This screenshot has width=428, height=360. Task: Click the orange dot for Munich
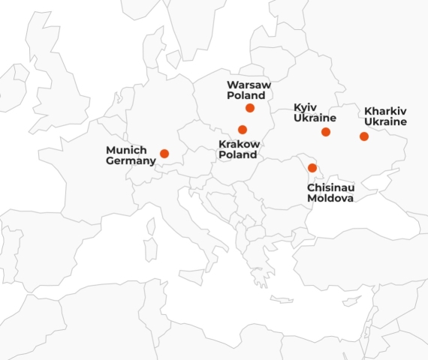pos(164,154)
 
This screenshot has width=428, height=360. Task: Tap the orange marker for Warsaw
pos(250,108)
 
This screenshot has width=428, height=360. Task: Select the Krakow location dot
pos(243,130)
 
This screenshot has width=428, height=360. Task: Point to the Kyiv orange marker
pos(326,132)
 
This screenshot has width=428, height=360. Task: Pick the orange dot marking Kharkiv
pos(364,136)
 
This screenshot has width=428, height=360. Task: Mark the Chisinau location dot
pos(312,168)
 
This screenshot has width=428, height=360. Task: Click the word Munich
pos(126,149)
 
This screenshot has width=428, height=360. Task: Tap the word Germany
pos(131,160)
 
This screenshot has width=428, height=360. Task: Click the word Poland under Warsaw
pos(246,96)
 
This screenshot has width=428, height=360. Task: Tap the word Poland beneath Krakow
pos(237,154)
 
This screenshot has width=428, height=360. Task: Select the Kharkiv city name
pos(385,110)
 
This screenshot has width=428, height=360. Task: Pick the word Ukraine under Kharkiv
pos(385,121)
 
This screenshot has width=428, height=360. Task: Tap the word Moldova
pos(330,199)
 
